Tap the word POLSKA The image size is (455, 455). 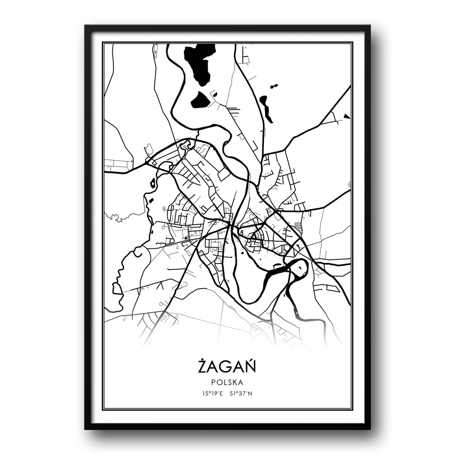(227, 383)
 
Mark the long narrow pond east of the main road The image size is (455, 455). (267, 108)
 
